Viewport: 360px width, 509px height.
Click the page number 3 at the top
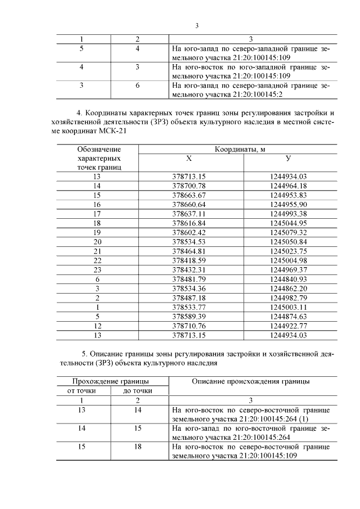pyautogui.click(x=197, y=25)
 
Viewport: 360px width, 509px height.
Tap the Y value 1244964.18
pyautogui.click(x=288, y=186)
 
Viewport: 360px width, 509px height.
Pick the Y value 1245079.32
pyautogui.click(x=288, y=232)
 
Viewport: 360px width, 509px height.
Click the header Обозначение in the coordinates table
pyautogui.click(x=99, y=150)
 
